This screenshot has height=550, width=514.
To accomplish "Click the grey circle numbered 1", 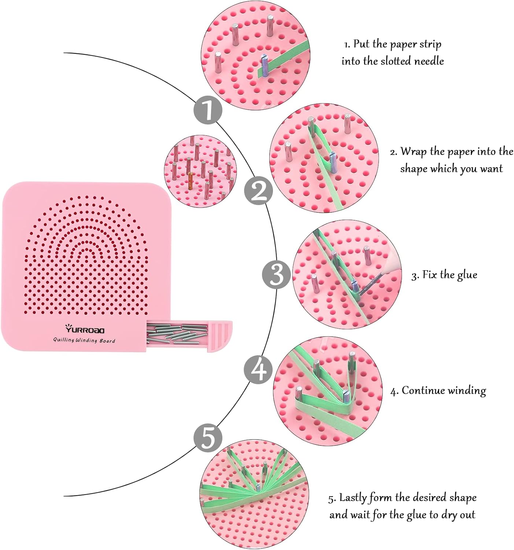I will (x=208, y=109).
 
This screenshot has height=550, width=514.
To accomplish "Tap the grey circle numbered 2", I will (x=259, y=191).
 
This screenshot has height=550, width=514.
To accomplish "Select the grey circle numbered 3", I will (x=277, y=274).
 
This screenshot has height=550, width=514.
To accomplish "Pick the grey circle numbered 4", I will (x=259, y=369).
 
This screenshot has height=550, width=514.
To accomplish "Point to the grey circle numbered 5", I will (x=208, y=437).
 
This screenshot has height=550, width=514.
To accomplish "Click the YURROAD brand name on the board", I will (x=85, y=329).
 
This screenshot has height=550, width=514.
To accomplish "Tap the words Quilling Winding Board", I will (x=84, y=340).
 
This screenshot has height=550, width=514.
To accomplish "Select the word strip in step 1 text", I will (x=430, y=45).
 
